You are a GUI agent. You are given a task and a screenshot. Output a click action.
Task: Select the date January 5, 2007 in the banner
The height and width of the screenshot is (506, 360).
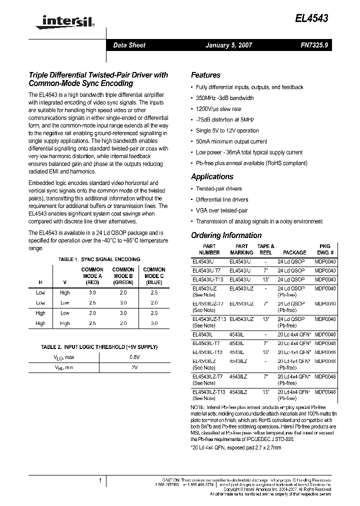point(228,45)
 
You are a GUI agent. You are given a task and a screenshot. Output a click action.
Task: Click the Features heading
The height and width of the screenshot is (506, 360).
point(205,75)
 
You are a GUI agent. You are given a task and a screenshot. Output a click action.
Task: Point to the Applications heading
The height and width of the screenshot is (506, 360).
point(212,176)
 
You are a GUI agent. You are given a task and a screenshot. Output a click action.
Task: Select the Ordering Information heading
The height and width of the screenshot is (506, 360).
point(226,235)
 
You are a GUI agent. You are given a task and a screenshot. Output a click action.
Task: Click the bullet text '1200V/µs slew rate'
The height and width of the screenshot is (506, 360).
point(218,108)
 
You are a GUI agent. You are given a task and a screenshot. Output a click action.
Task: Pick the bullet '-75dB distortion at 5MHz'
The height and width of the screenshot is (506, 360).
point(225,119)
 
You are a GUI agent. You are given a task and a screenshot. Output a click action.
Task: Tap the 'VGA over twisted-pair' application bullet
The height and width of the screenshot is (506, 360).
point(221,210)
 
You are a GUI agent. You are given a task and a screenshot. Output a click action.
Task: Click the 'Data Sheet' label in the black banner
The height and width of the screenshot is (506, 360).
point(129,45)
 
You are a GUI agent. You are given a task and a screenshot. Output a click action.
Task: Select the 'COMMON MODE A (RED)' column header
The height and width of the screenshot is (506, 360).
point(92,276)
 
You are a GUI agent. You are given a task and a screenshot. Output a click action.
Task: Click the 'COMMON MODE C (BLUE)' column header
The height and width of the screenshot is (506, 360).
point(154,276)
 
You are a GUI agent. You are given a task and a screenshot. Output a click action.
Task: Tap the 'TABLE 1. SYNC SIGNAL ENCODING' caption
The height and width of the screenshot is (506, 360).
point(99,259)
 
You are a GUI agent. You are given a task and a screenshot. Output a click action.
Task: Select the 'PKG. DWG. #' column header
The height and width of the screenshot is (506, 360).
point(325,249)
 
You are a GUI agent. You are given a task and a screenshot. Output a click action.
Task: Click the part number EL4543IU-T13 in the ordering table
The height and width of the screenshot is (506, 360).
point(207,279)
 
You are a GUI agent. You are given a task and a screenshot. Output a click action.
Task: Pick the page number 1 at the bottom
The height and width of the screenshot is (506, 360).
point(100,480)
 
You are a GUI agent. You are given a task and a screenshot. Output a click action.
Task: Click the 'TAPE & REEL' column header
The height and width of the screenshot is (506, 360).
point(265,249)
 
